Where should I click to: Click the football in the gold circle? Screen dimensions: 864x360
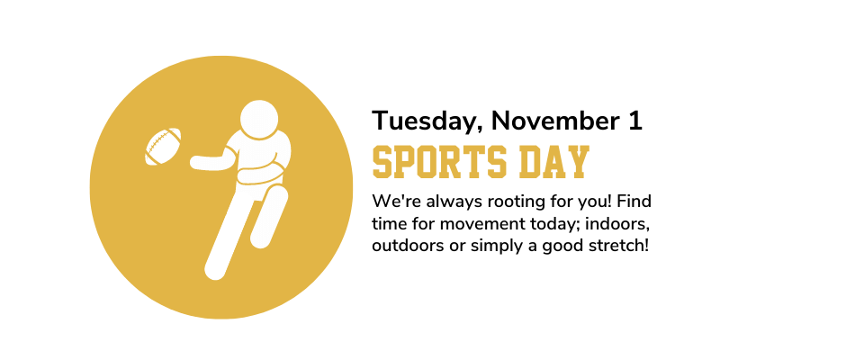click(163, 146)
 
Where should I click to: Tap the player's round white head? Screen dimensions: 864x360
click(259, 119)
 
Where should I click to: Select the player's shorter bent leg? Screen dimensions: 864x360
click(269, 216)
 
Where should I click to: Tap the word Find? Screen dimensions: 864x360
click(634, 202)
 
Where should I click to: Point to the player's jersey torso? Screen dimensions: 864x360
click(259, 158)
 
